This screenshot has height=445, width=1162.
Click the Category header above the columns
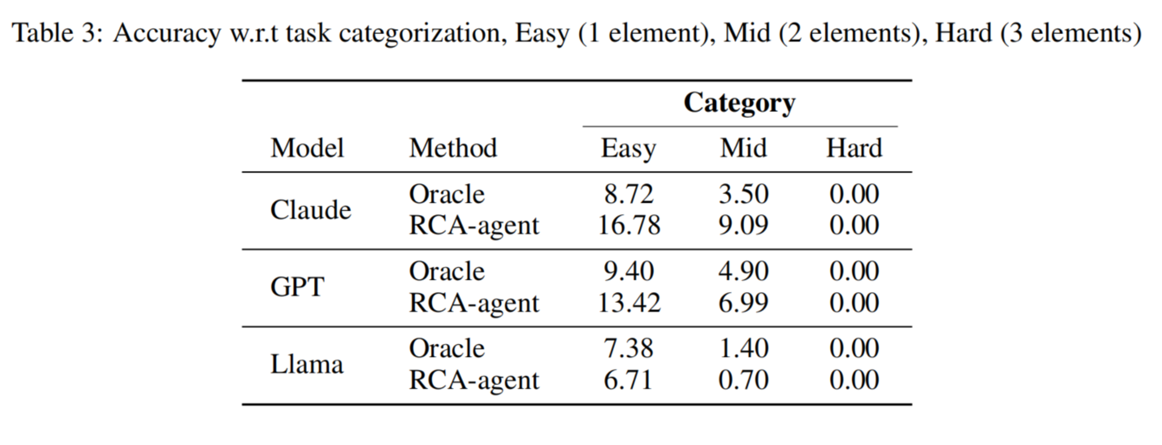(x=739, y=103)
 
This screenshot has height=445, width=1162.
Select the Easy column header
(x=628, y=148)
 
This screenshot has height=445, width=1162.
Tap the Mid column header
(x=743, y=148)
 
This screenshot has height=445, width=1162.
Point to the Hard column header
(x=854, y=148)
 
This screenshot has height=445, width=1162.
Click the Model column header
(x=307, y=148)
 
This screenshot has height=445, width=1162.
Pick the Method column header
(x=453, y=148)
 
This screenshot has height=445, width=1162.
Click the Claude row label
(x=310, y=210)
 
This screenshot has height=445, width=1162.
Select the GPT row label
(x=297, y=287)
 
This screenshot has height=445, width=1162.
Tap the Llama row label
(x=307, y=364)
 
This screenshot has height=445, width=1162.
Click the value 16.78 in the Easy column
(x=629, y=226)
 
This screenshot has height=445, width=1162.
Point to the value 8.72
(x=629, y=194)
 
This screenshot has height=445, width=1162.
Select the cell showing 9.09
(x=743, y=226)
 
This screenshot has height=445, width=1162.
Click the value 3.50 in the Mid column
(x=743, y=194)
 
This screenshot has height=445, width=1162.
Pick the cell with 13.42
(x=629, y=302)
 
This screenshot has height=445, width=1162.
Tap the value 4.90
(x=743, y=271)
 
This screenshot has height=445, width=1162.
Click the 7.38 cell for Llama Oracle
(x=629, y=348)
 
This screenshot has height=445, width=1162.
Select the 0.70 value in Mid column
(x=743, y=380)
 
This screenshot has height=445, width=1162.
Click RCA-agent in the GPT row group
(x=474, y=303)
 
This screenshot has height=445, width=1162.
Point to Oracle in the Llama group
(x=447, y=348)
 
